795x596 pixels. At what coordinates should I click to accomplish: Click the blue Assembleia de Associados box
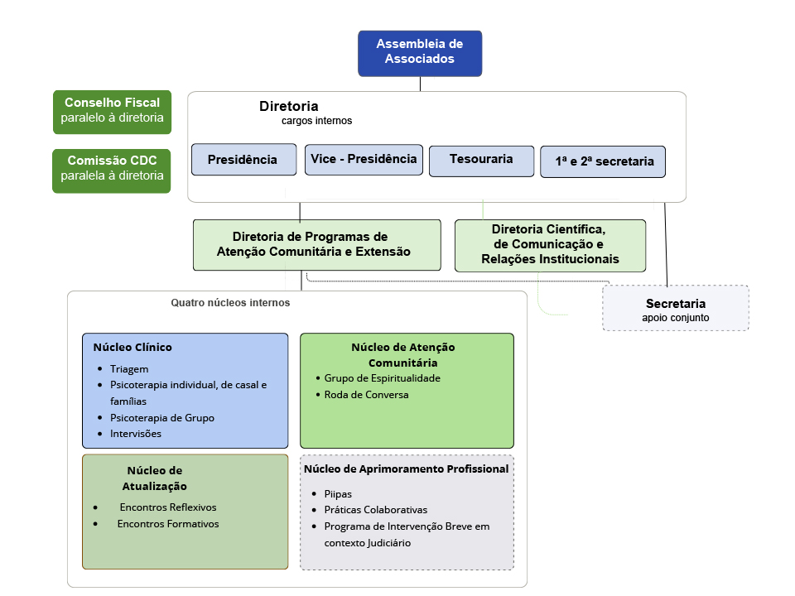tap(420, 53)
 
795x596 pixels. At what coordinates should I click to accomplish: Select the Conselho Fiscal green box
tap(112, 112)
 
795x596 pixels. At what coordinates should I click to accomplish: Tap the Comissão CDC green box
tap(112, 171)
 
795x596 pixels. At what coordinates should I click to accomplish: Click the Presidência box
tap(243, 160)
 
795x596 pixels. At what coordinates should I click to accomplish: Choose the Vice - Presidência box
tap(364, 160)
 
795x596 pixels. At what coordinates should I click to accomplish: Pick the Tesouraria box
tap(482, 161)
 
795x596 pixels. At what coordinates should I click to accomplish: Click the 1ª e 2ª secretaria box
tap(603, 161)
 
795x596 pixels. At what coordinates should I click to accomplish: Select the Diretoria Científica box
tap(550, 246)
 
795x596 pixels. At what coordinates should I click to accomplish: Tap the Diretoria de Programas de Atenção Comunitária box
tap(317, 245)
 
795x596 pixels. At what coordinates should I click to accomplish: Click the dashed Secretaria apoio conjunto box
tap(676, 308)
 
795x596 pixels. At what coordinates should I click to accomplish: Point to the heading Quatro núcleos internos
tap(230, 303)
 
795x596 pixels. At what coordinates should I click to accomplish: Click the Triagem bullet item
tap(129, 369)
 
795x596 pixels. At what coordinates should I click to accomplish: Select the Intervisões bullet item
tap(135, 433)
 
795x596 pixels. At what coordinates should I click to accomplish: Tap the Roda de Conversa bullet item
tap(366, 394)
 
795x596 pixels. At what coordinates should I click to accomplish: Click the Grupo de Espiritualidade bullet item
tap(383, 378)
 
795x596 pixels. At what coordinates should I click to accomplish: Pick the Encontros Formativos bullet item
tap(168, 523)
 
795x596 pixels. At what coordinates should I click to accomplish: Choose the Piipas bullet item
tap(338, 493)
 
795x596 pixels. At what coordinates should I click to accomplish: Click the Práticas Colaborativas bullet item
tap(376, 510)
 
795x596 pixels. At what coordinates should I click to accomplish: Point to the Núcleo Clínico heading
tap(132, 347)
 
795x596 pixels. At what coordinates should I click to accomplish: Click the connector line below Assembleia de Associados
tap(420, 84)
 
